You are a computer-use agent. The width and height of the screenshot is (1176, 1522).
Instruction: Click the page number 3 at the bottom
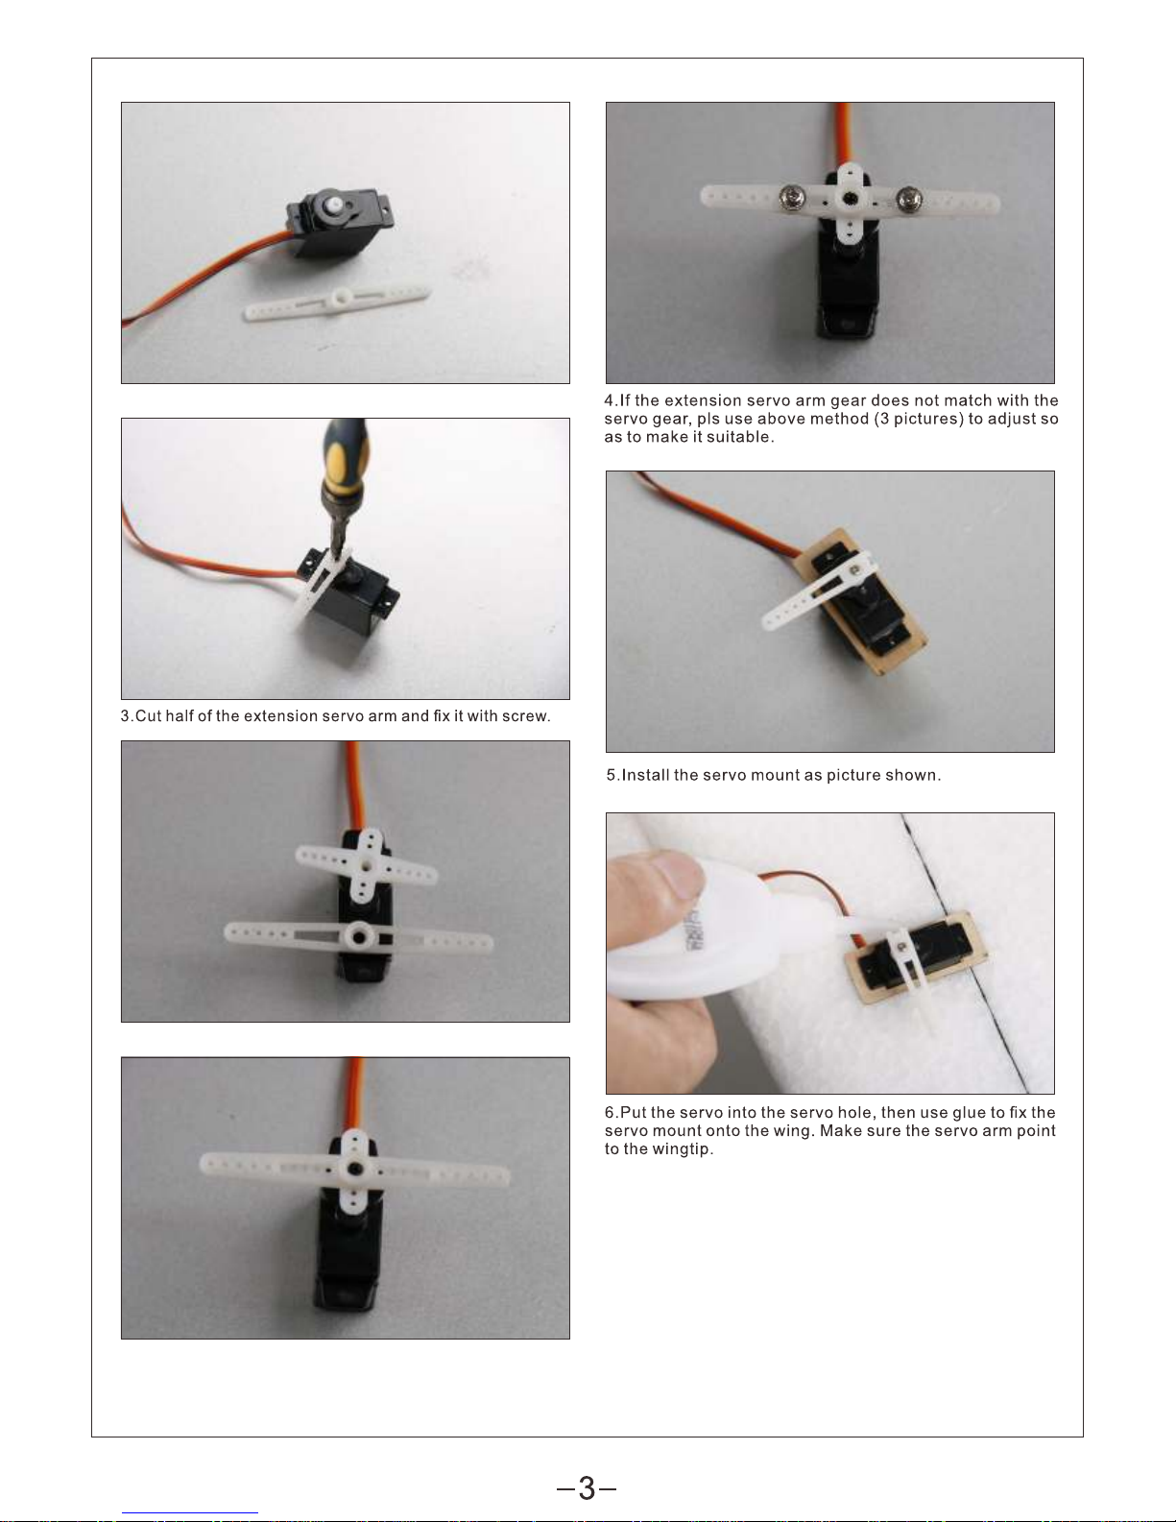click(587, 1489)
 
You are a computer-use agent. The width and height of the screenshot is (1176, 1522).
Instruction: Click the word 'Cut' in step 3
click(148, 715)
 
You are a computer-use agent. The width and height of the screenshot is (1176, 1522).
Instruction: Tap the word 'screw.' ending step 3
click(526, 716)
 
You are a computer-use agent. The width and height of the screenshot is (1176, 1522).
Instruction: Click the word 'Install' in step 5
click(645, 775)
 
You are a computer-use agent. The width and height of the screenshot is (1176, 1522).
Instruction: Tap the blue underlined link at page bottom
click(190, 1513)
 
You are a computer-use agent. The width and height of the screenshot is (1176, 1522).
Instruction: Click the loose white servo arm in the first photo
click(337, 302)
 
